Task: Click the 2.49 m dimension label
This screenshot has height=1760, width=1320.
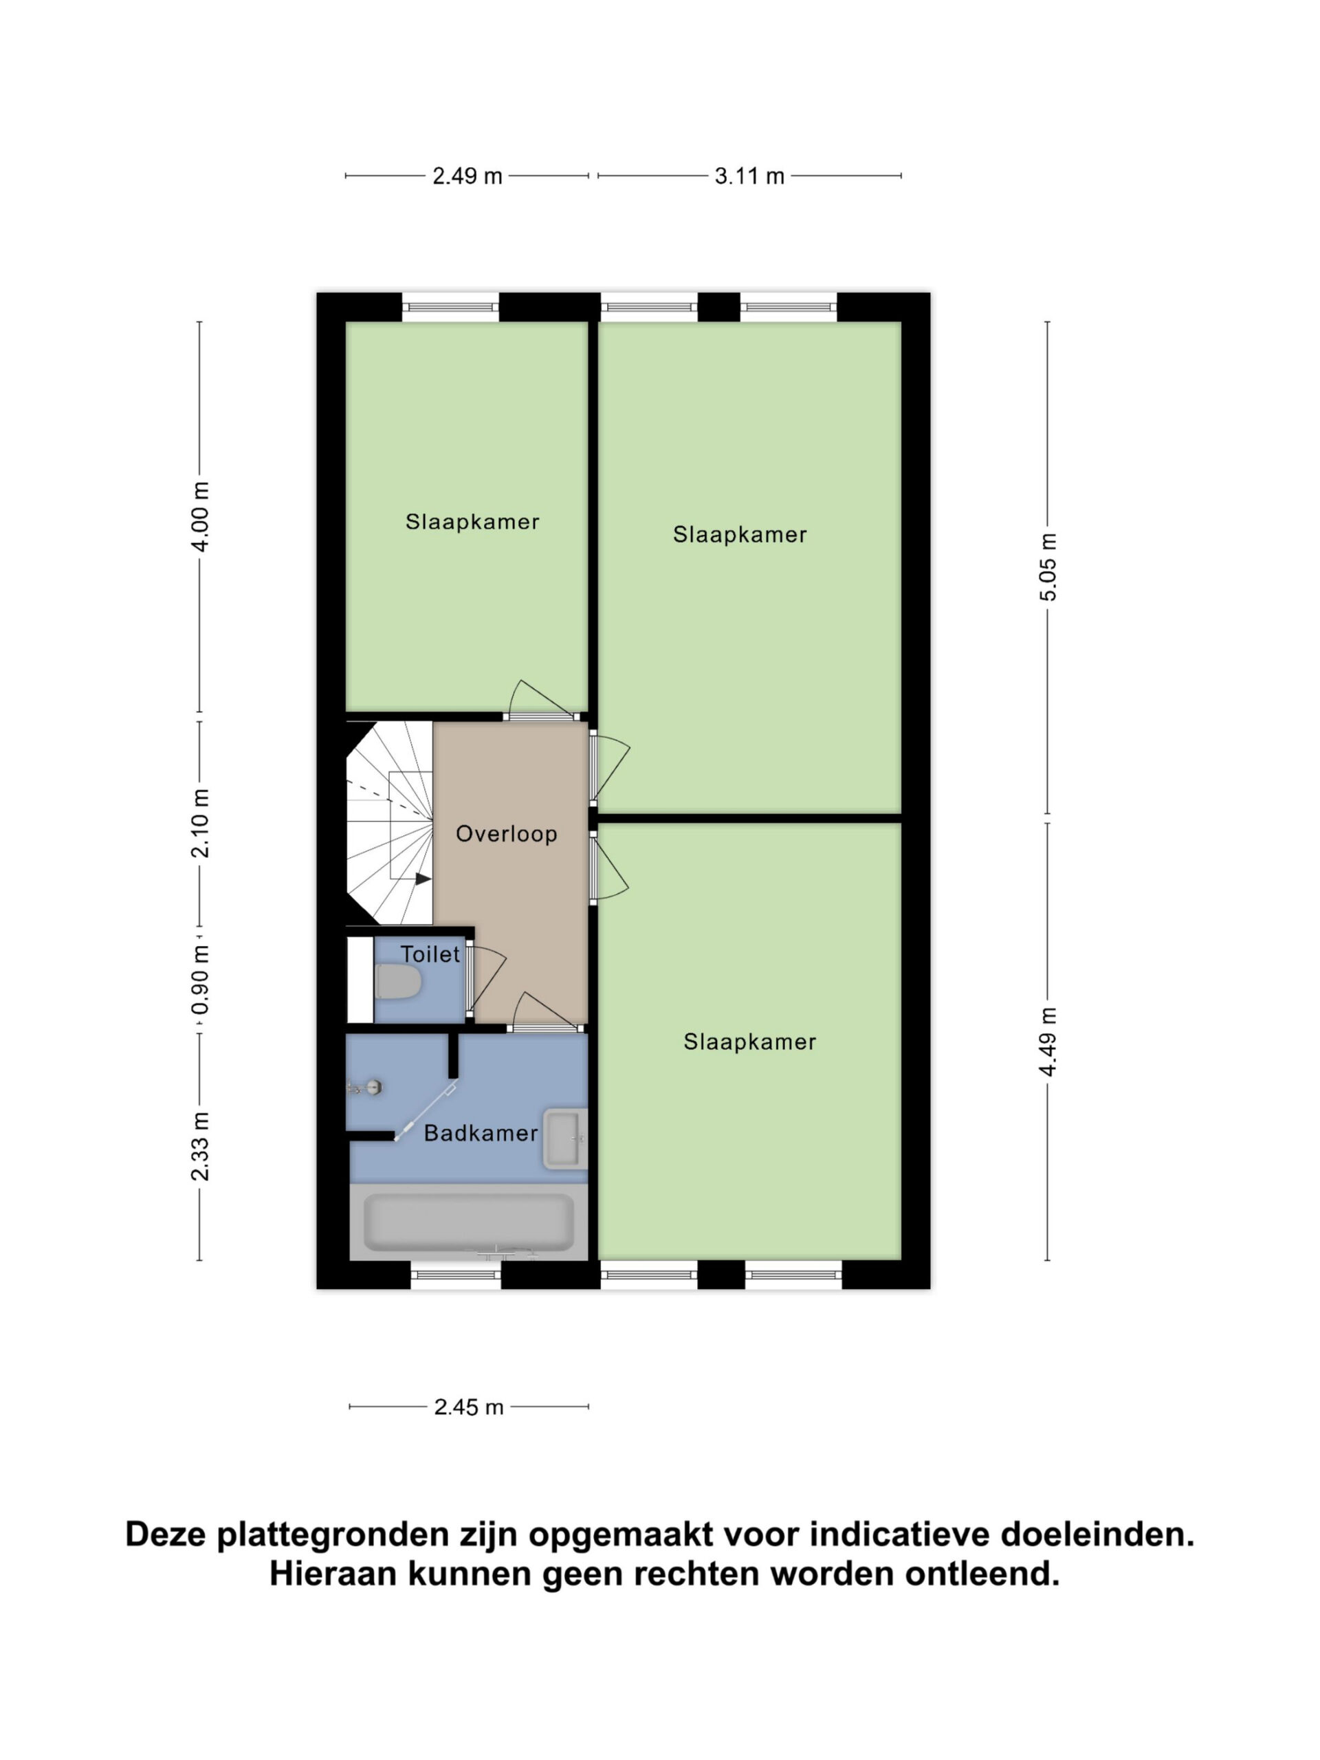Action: click(467, 176)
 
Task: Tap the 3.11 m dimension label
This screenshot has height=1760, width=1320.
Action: click(749, 176)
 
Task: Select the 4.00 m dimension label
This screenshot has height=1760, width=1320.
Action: click(201, 516)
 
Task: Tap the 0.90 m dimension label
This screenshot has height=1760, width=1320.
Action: click(201, 980)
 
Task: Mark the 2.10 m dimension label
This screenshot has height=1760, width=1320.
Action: click(201, 823)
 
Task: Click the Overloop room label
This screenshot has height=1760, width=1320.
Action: click(506, 834)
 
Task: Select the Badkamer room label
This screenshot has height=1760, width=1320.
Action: click(481, 1133)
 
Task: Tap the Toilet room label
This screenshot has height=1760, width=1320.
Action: click(430, 954)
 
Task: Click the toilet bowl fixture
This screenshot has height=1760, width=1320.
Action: click(397, 982)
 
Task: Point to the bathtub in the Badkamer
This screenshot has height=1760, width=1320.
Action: click(469, 1222)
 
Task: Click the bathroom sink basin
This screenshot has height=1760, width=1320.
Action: click(565, 1138)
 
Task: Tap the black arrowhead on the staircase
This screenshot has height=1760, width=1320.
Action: click(423, 879)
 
